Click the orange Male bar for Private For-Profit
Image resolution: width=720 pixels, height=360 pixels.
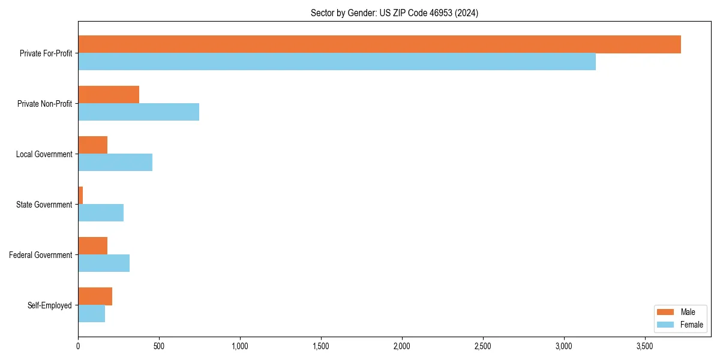[379, 44]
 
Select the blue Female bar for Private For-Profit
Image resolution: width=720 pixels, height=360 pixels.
[337, 62]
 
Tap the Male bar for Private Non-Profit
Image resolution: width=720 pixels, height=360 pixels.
[109, 95]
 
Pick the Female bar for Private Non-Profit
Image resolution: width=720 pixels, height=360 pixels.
[139, 112]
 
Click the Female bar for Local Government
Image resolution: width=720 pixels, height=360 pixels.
[115, 163]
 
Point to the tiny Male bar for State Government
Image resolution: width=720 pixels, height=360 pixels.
[80, 196]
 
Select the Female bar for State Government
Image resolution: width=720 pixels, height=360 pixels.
[101, 213]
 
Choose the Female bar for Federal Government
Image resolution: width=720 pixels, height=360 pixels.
[104, 263]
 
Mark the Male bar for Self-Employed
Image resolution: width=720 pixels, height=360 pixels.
[95, 296]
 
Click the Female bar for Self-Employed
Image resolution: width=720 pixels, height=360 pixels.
[91, 314]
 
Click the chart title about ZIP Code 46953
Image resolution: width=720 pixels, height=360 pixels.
[394, 13]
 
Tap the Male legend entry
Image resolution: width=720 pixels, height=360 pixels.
[680, 312]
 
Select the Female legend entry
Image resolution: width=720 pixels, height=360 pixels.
[680, 325]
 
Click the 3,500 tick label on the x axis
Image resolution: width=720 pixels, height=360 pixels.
[644, 346]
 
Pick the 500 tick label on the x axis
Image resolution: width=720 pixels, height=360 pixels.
[158, 346]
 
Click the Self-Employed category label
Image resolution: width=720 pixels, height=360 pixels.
[50, 305]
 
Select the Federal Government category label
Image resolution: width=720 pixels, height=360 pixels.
[41, 255]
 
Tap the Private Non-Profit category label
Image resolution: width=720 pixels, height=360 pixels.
[44, 104]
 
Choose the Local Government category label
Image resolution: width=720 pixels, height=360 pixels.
[44, 154]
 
